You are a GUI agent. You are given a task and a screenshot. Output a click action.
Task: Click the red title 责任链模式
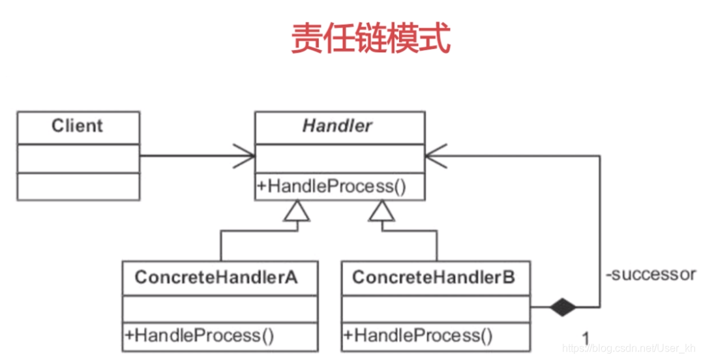click(x=370, y=39)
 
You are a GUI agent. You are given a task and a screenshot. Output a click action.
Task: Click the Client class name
click(x=78, y=126)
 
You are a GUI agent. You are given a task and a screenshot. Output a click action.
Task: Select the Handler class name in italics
click(x=338, y=126)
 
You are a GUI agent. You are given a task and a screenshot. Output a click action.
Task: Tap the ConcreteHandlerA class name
click(x=216, y=277)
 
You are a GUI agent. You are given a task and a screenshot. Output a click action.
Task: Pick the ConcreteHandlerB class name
click(x=434, y=277)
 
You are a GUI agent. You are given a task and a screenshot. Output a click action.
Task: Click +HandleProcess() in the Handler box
click(x=332, y=187)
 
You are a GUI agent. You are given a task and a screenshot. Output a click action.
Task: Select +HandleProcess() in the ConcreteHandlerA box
click(x=200, y=336)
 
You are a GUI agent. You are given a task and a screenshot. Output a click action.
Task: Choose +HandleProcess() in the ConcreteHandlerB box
click(x=419, y=336)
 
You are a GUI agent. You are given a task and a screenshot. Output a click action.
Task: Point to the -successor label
click(x=650, y=275)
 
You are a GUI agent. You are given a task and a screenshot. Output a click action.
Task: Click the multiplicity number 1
click(x=586, y=338)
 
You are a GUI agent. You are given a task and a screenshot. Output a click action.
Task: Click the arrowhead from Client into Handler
click(x=245, y=157)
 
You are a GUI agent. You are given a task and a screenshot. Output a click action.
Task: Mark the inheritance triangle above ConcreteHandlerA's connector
click(x=297, y=210)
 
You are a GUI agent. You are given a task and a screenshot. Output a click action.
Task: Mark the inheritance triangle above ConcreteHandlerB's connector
click(x=382, y=210)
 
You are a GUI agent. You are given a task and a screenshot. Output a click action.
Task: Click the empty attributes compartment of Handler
click(x=339, y=158)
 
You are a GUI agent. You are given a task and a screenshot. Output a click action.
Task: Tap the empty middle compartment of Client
click(x=78, y=158)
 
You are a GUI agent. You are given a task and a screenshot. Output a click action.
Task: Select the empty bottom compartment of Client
click(x=78, y=187)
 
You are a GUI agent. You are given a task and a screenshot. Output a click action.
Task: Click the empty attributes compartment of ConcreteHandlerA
click(x=220, y=308)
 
